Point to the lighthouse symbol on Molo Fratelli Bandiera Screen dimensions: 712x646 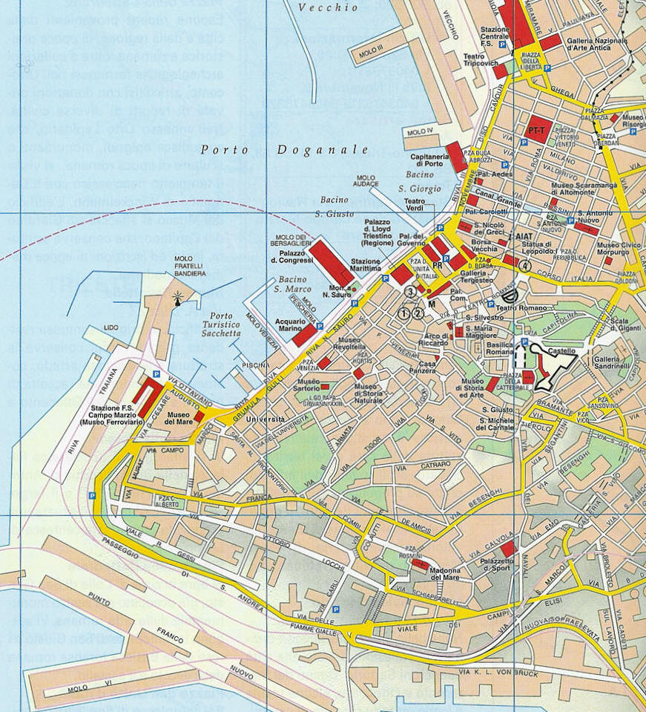point(177,298)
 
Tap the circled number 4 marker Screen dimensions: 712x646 point(525,265)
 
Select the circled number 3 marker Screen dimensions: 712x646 point(409,293)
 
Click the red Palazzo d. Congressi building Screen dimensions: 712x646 point(332,262)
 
